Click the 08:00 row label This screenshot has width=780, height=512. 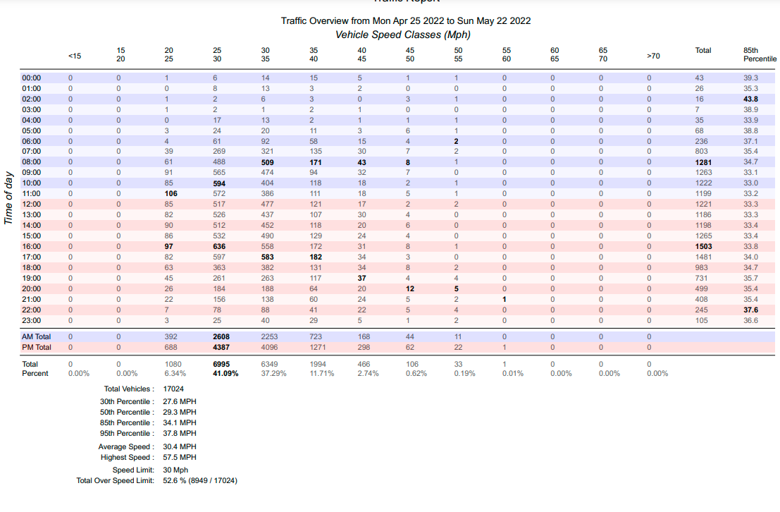click(31, 162)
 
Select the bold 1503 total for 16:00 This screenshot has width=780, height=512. click(703, 247)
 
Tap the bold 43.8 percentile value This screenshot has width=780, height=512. click(750, 99)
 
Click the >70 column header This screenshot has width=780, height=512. click(653, 56)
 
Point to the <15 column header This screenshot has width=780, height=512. click(75, 56)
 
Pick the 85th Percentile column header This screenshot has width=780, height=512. click(760, 54)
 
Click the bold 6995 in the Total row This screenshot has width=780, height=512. click(221, 364)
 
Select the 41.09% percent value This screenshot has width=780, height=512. click(225, 374)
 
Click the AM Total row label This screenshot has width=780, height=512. click(37, 336)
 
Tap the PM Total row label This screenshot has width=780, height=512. click(37, 347)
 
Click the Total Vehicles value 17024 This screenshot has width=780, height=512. click(173, 389)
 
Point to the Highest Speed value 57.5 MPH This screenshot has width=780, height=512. click(180, 457)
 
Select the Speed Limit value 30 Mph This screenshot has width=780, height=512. click(175, 470)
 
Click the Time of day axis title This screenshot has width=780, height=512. click(8, 197)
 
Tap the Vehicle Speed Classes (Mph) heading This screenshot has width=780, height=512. click(403, 35)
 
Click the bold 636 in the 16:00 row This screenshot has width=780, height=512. click(219, 247)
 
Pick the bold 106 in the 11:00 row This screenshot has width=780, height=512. click(171, 194)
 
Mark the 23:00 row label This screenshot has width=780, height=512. click(31, 321)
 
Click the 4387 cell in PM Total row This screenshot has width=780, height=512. click(221, 347)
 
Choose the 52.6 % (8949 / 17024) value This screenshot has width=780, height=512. click(200, 481)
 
